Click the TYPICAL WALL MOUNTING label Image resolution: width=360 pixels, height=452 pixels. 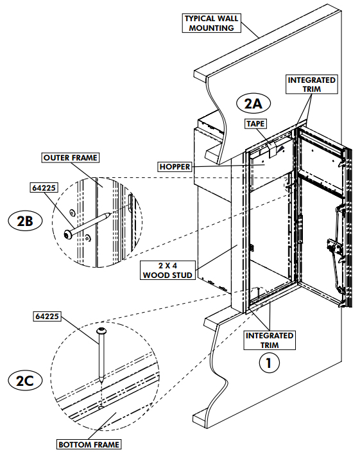point(212,23)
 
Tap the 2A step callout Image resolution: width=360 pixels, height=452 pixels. point(254,103)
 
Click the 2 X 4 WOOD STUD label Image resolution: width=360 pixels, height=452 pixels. point(167,270)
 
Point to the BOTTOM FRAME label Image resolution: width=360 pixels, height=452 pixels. point(88,444)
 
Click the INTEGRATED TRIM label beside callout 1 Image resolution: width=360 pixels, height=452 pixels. point(270,340)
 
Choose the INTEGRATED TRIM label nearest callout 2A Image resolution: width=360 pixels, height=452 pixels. point(312,85)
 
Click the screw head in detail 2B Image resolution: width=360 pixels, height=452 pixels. point(69,232)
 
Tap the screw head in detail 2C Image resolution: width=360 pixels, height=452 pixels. point(101,331)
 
